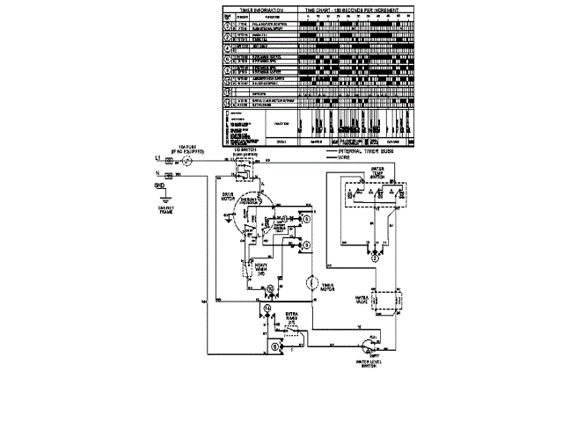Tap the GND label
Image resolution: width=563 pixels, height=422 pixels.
159,186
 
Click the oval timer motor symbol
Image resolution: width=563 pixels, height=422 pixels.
311,284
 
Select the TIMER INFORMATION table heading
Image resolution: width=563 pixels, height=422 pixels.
260,8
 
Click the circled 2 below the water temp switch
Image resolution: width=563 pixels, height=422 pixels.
374,258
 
